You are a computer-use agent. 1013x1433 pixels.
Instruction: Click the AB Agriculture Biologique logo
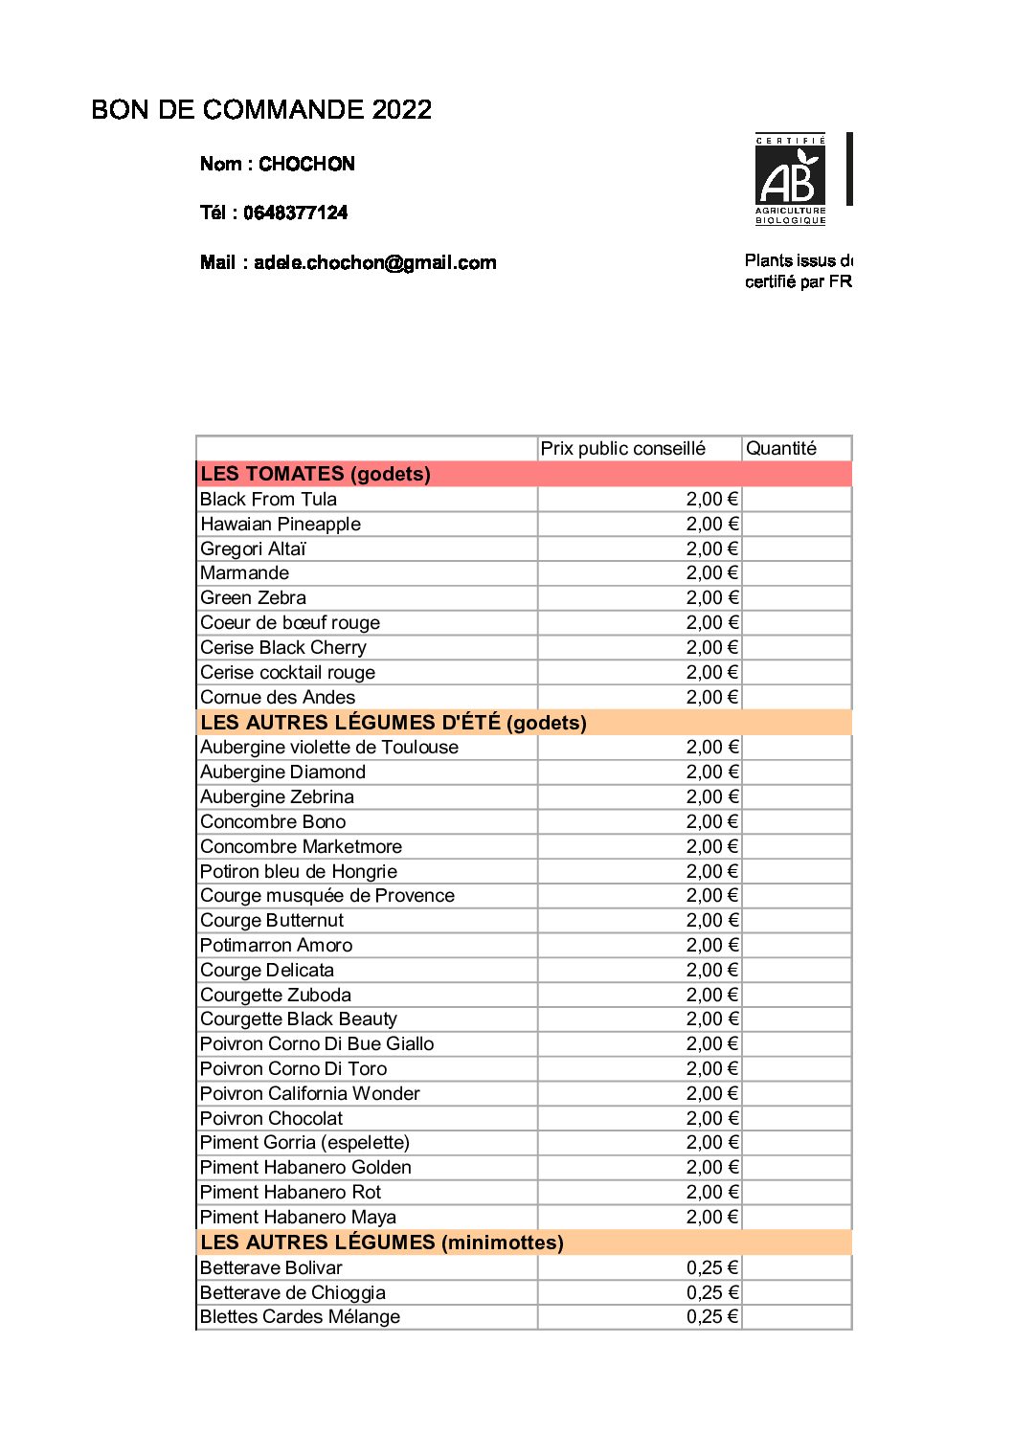[790, 180]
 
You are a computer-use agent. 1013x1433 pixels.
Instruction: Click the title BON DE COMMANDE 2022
[261, 110]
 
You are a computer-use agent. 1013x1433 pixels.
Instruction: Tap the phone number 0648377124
[295, 213]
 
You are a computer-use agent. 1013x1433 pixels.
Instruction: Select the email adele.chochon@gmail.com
[374, 262]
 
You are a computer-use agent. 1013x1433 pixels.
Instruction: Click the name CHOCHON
[306, 164]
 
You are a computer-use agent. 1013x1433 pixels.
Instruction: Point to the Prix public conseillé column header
[622, 448]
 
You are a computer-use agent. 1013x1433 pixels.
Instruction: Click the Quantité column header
[781, 448]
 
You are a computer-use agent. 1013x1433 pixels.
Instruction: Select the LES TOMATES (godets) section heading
[316, 474]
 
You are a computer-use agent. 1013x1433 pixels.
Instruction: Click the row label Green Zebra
[254, 598]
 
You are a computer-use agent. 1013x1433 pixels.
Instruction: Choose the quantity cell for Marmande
[797, 573]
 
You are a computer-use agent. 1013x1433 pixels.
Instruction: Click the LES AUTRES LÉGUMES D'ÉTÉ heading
[394, 723]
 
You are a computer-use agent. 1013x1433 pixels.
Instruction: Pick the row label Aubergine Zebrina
[277, 797]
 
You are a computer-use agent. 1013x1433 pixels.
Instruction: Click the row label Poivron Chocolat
[271, 1118]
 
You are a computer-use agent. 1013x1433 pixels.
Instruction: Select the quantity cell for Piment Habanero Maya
[797, 1218]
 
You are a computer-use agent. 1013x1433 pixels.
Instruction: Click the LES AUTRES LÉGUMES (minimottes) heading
[382, 1243]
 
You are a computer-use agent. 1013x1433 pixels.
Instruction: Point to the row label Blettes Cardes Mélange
[300, 1317]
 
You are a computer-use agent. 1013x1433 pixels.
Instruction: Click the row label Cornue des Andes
[278, 698]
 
